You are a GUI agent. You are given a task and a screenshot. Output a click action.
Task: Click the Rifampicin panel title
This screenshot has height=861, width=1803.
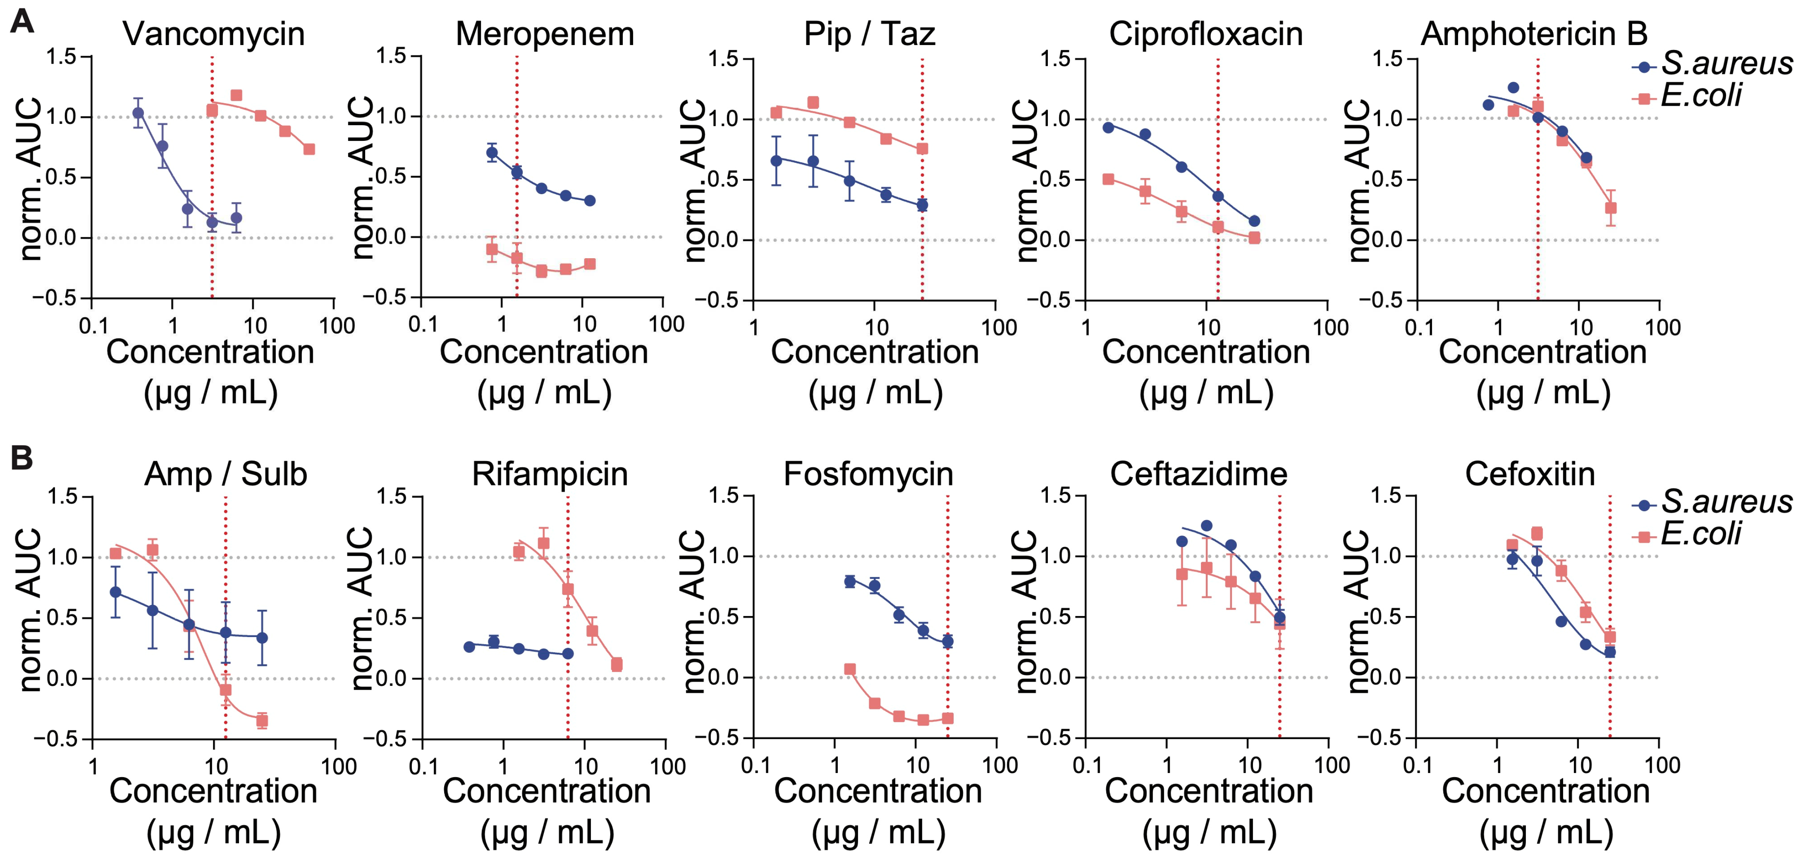(550, 474)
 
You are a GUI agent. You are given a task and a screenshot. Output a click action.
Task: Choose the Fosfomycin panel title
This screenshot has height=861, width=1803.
(868, 474)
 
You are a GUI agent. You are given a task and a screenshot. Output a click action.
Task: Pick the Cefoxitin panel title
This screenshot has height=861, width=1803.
(1530, 474)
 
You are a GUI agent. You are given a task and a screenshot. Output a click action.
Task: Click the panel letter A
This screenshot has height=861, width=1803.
(21, 21)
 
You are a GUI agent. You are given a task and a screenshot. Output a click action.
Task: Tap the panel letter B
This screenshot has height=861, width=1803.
(21, 459)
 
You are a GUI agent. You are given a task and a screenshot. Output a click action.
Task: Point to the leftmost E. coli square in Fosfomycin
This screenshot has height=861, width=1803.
(850, 669)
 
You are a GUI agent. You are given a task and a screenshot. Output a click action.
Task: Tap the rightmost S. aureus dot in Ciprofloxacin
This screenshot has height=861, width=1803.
(1254, 221)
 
